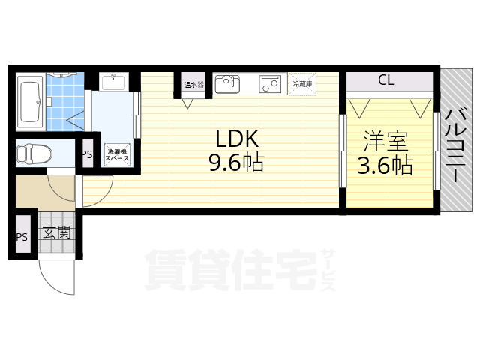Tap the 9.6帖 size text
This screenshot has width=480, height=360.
click(236, 163)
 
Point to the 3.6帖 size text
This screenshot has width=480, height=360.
click(385, 165)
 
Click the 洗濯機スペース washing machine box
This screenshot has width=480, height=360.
click(116, 154)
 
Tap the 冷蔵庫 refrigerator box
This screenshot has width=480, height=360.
click(303, 83)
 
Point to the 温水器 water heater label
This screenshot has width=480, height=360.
click(188, 84)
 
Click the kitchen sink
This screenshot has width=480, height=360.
click(228, 83)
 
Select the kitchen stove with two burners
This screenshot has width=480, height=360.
click(269, 83)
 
